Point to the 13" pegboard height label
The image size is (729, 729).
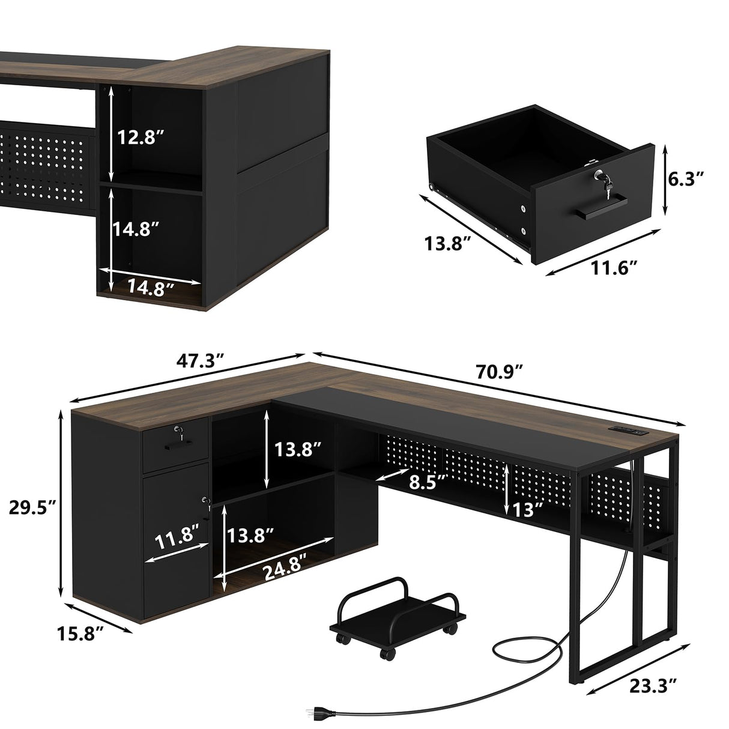(527, 509)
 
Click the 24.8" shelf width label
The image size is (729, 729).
(285, 572)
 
